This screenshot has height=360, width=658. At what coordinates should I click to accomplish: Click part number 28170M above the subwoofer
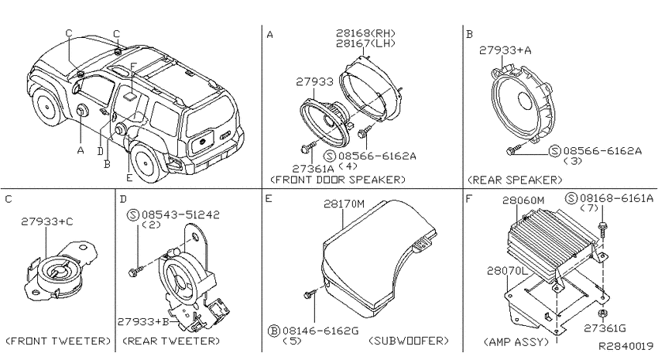tap(344, 204)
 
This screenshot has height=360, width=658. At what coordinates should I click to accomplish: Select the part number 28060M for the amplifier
tap(524, 201)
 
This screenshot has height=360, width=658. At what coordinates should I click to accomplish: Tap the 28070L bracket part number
tap(507, 271)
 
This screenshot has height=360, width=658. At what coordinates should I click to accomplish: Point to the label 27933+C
tap(47, 221)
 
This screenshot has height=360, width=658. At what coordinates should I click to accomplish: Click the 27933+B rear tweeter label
tap(143, 322)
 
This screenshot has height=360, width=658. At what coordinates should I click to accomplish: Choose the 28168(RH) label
tap(365, 33)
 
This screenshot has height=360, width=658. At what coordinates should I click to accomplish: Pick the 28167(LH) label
tap(365, 43)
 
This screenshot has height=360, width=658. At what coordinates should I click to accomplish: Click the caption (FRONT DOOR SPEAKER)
tap(338, 180)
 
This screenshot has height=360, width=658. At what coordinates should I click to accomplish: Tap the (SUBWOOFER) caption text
tap(409, 341)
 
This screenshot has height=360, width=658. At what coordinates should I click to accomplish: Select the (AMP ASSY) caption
tap(516, 342)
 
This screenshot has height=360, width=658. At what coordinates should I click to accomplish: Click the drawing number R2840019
tap(625, 346)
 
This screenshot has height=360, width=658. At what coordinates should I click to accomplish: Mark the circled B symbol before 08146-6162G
tap(273, 331)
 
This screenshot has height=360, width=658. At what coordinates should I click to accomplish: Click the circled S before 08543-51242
tap(133, 215)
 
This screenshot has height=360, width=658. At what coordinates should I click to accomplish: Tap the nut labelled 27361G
tap(602, 314)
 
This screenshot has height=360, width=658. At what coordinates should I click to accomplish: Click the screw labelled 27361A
tap(307, 147)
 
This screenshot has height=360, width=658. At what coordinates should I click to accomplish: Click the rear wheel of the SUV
tap(146, 161)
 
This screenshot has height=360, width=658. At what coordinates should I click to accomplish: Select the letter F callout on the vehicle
tap(132, 67)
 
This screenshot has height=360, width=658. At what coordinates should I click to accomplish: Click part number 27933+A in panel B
tap(505, 50)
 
